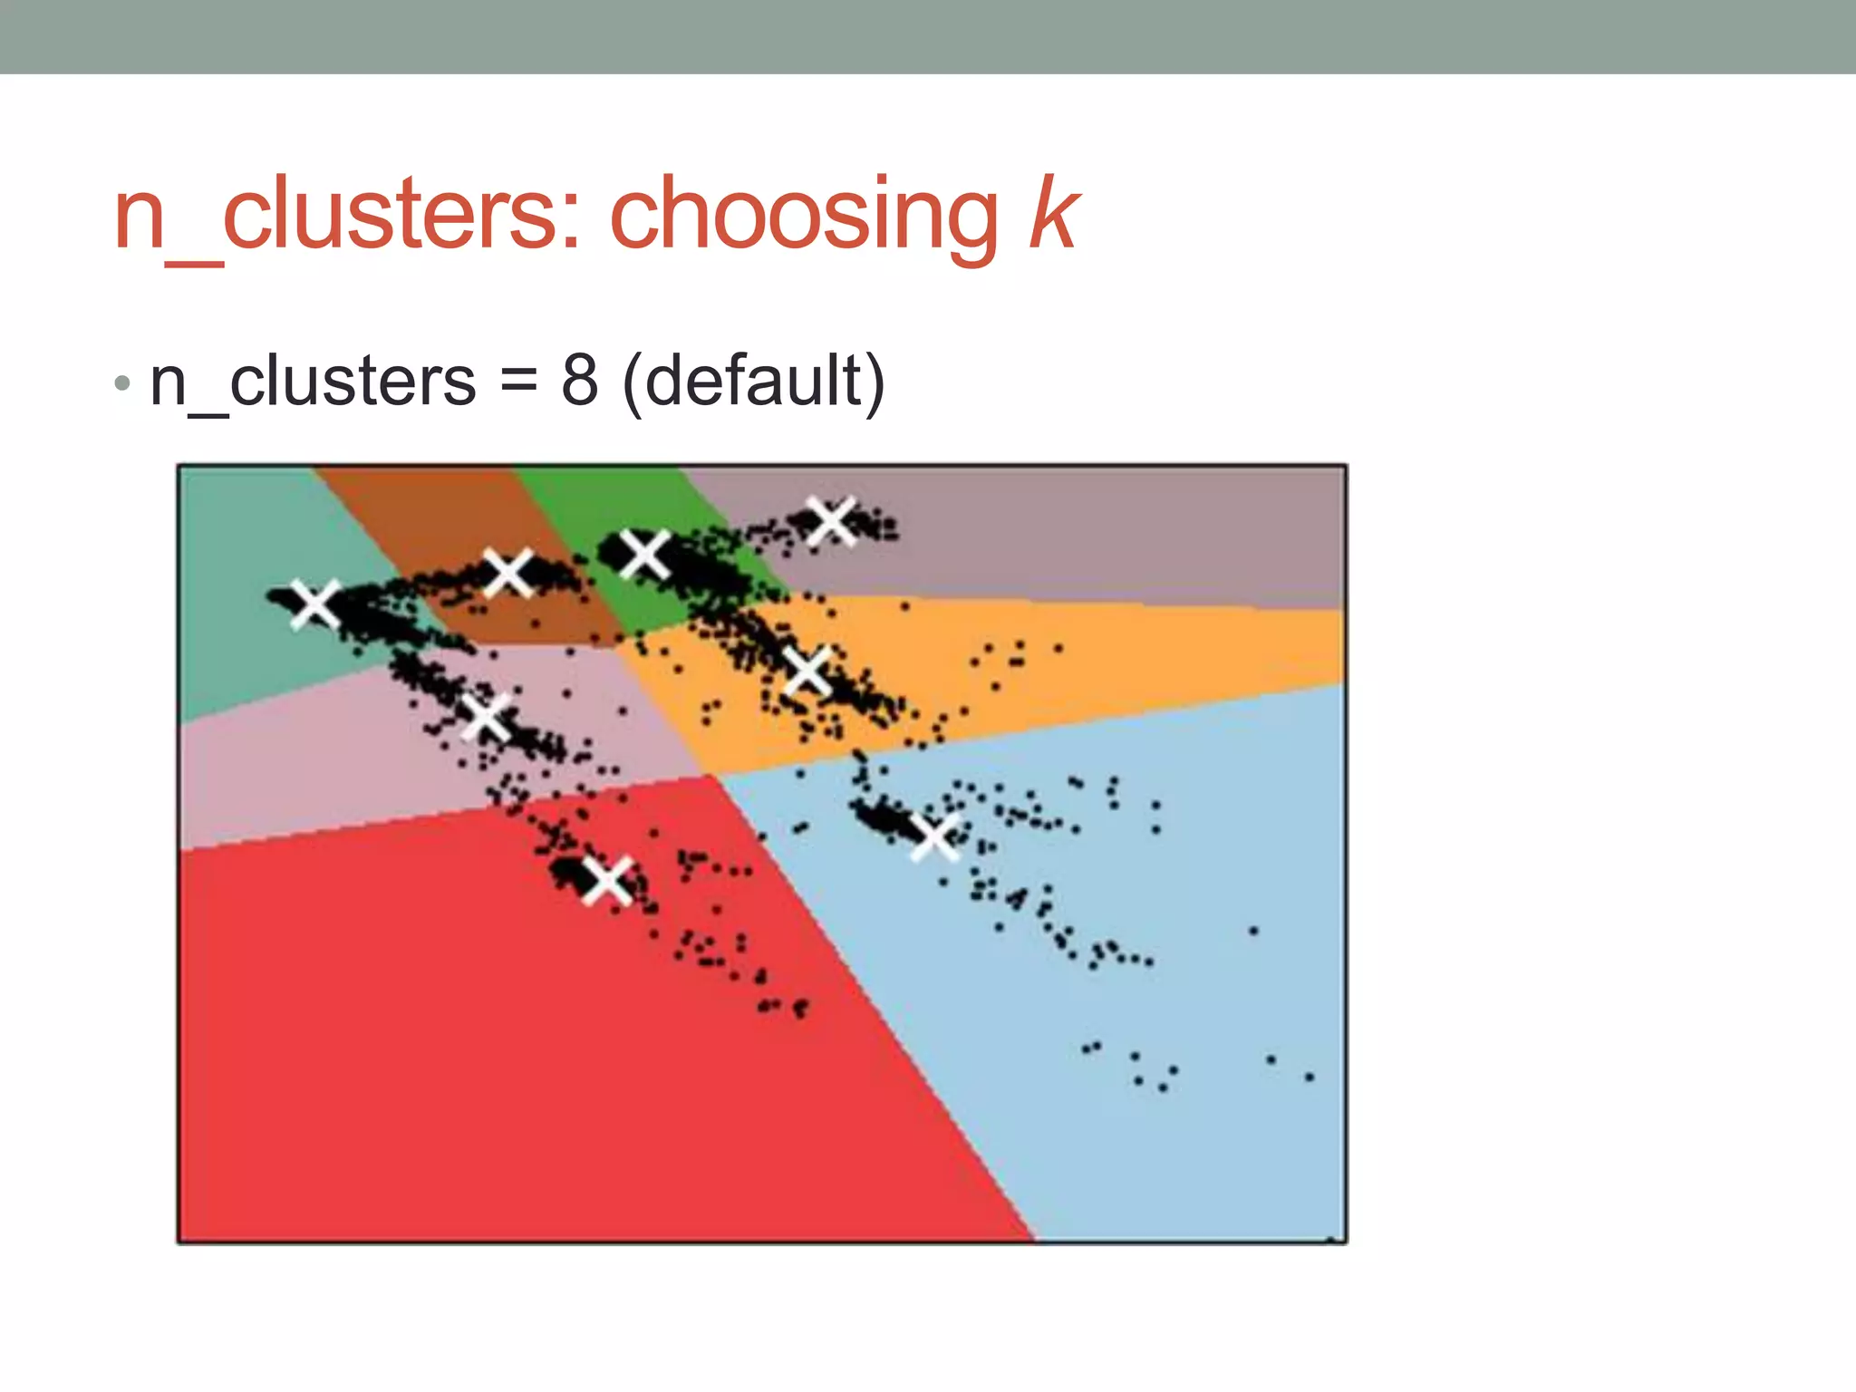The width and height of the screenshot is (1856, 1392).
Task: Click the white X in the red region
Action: pos(606,880)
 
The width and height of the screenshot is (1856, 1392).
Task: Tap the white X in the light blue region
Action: pos(934,836)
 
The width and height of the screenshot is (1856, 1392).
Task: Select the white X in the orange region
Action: pos(807,672)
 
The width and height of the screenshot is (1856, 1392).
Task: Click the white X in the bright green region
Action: pos(644,554)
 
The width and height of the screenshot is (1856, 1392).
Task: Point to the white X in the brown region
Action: pos(507,572)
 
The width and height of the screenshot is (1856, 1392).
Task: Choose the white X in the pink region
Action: pos(487,717)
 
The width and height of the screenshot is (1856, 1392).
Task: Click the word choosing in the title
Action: pos(803,215)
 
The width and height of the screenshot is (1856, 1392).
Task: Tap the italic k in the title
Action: pos(1053,215)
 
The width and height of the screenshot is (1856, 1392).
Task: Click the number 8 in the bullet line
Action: pos(579,381)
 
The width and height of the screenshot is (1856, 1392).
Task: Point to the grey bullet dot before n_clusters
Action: pos(122,384)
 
